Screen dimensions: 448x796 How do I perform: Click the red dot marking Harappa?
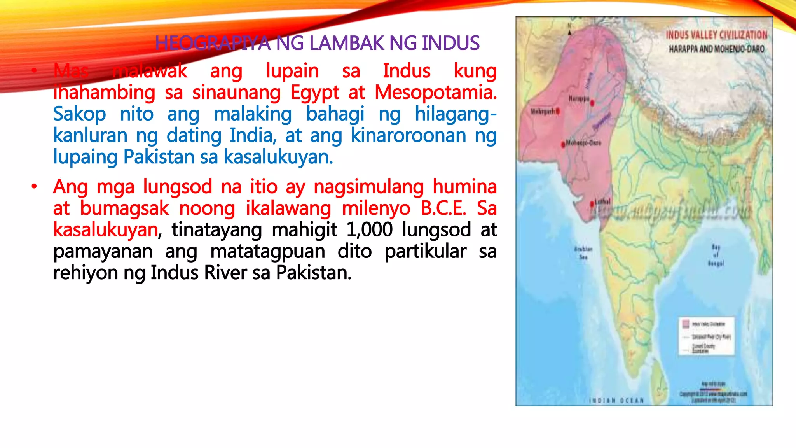click(592, 103)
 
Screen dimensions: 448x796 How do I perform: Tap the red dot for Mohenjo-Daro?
click(563, 145)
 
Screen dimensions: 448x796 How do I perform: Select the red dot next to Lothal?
click(592, 204)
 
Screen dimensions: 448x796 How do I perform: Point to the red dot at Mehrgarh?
click(558, 111)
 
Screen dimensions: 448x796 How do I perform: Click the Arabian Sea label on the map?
click(583, 253)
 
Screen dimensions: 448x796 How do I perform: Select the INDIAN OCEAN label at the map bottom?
click(616, 401)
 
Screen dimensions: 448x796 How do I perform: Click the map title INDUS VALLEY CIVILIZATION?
click(716, 35)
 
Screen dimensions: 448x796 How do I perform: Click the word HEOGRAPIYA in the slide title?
click(212, 43)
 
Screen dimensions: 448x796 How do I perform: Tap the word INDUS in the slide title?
click(450, 43)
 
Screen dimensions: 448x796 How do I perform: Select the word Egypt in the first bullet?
click(315, 93)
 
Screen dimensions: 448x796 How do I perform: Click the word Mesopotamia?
click(435, 93)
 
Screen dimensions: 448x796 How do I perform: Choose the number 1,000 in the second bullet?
click(369, 229)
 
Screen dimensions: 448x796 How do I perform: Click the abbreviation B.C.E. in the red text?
click(443, 208)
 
